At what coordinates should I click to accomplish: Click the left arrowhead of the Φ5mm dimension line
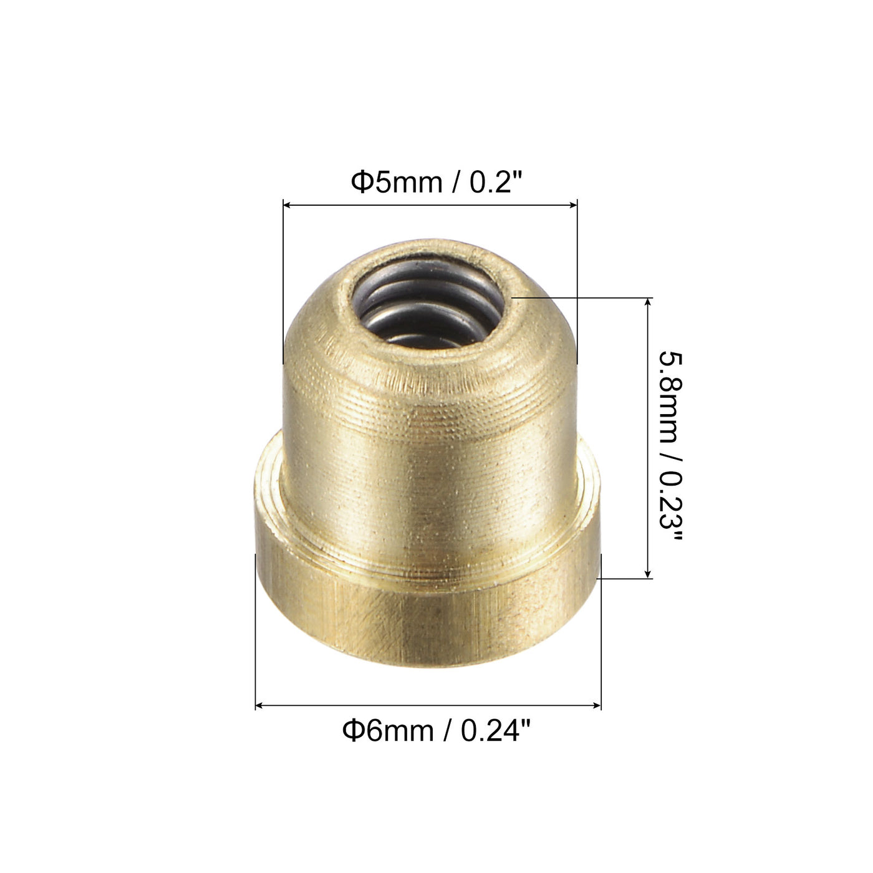[287, 204]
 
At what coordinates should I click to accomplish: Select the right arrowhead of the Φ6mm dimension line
[597, 706]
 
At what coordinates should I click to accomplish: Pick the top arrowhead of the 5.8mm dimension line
[649, 302]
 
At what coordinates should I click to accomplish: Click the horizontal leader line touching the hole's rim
[580, 298]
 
